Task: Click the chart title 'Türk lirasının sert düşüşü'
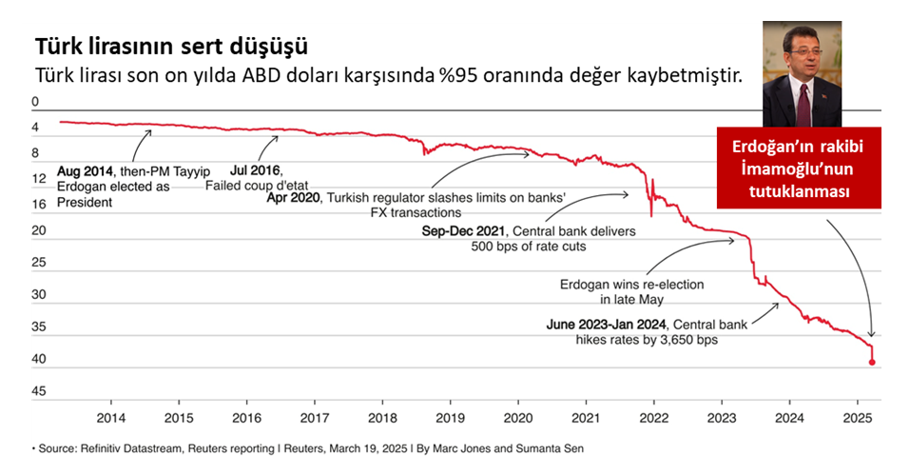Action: pos(171,47)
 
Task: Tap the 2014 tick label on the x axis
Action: pos(111,418)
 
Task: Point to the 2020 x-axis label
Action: pos(518,418)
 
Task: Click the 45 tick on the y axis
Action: pos(39,391)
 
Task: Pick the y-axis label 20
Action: pos(39,231)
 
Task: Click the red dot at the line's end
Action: pos(872,362)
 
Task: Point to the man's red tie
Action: pos(806,101)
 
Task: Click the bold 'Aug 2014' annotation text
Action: pos(82,171)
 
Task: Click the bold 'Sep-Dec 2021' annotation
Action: pos(464,230)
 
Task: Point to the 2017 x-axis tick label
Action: pos(315,418)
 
